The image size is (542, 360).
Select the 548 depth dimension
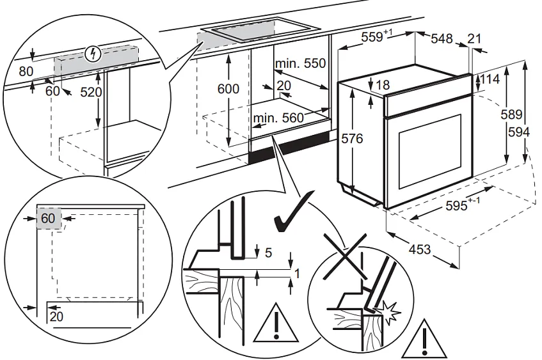(x=441, y=39)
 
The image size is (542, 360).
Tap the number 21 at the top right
(x=474, y=39)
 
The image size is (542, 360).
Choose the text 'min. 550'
(x=300, y=64)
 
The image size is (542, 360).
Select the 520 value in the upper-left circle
(x=91, y=92)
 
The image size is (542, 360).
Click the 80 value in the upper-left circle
(x=25, y=71)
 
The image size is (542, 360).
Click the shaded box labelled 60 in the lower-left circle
(x=49, y=218)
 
